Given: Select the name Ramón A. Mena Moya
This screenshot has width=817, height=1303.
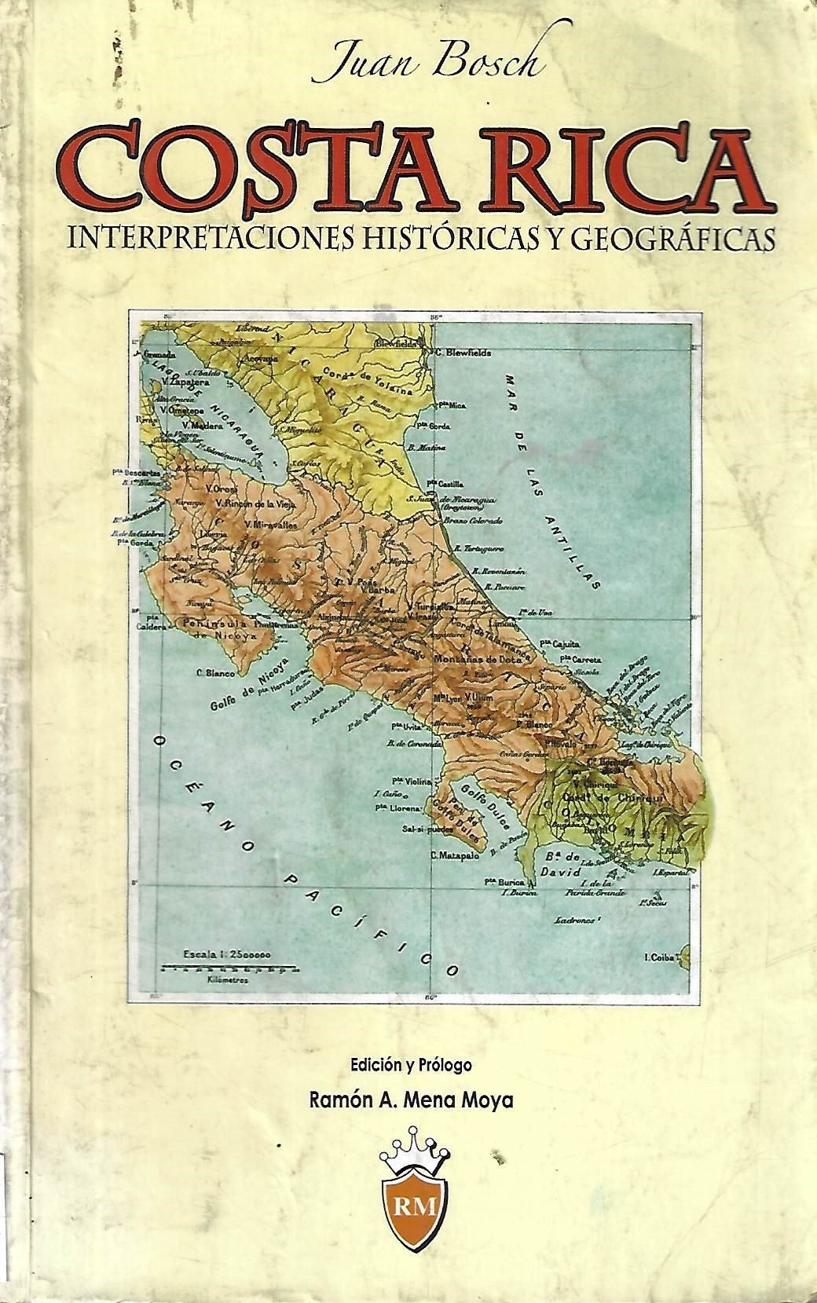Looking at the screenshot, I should click(x=412, y=1100).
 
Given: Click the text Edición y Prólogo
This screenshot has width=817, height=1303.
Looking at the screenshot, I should click(x=412, y=1066).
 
